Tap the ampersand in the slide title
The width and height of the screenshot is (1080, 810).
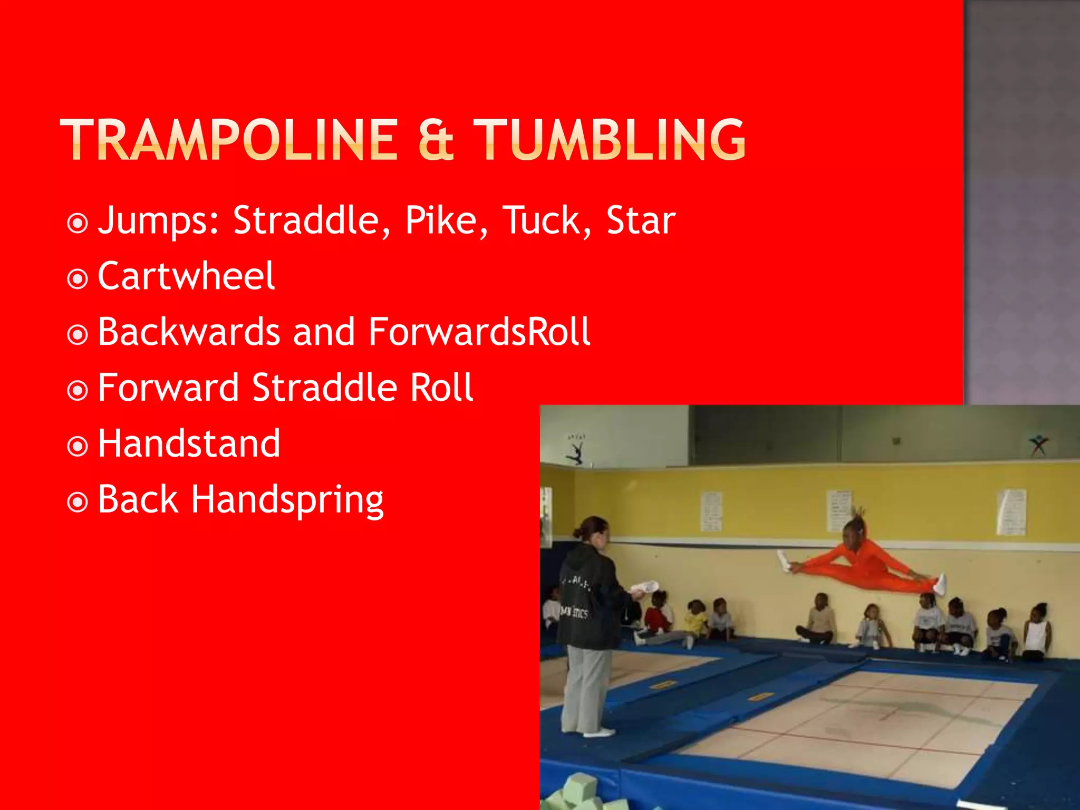pyautogui.click(x=436, y=140)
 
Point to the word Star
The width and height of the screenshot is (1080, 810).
pyautogui.click(x=640, y=220)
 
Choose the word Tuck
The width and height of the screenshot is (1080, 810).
pyautogui.click(x=541, y=220)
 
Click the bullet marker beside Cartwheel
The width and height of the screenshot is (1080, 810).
pyautogui.click(x=78, y=278)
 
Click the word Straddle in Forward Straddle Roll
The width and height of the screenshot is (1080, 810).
pyautogui.click(x=324, y=388)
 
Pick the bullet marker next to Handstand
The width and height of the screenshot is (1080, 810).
pyautogui.click(x=78, y=446)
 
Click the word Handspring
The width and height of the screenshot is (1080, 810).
pyautogui.click(x=287, y=500)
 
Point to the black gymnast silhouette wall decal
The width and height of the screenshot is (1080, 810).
pyautogui.click(x=576, y=449)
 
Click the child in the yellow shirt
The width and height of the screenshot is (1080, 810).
pyautogui.click(x=696, y=622)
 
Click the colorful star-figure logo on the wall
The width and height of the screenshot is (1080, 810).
pyautogui.click(x=1038, y=446)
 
